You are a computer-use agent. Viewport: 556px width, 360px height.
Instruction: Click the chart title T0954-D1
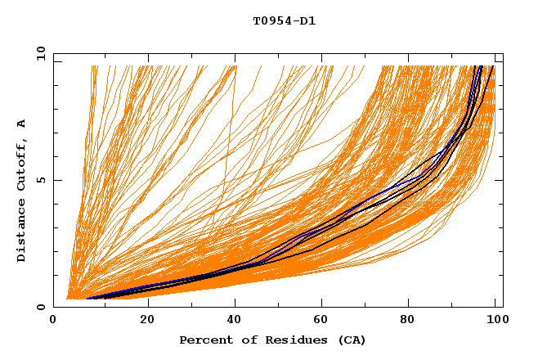[x=285, y=20]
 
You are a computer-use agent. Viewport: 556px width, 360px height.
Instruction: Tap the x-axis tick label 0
[x=54, y=321]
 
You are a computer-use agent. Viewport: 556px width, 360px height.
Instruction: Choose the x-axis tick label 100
[x=495, y=321]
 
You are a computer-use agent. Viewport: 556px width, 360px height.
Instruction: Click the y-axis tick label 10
[x=40, y=53]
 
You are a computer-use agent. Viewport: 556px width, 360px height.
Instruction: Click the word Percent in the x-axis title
[x=204, y=340]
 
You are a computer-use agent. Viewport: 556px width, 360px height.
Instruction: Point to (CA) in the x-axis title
[x=351, y=340]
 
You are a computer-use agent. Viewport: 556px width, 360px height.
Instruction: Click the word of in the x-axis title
[x=245, y=340]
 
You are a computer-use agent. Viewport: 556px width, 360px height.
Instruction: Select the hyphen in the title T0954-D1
[x=295, y=20]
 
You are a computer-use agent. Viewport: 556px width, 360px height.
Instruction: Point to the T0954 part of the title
[x=271, y=20]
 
